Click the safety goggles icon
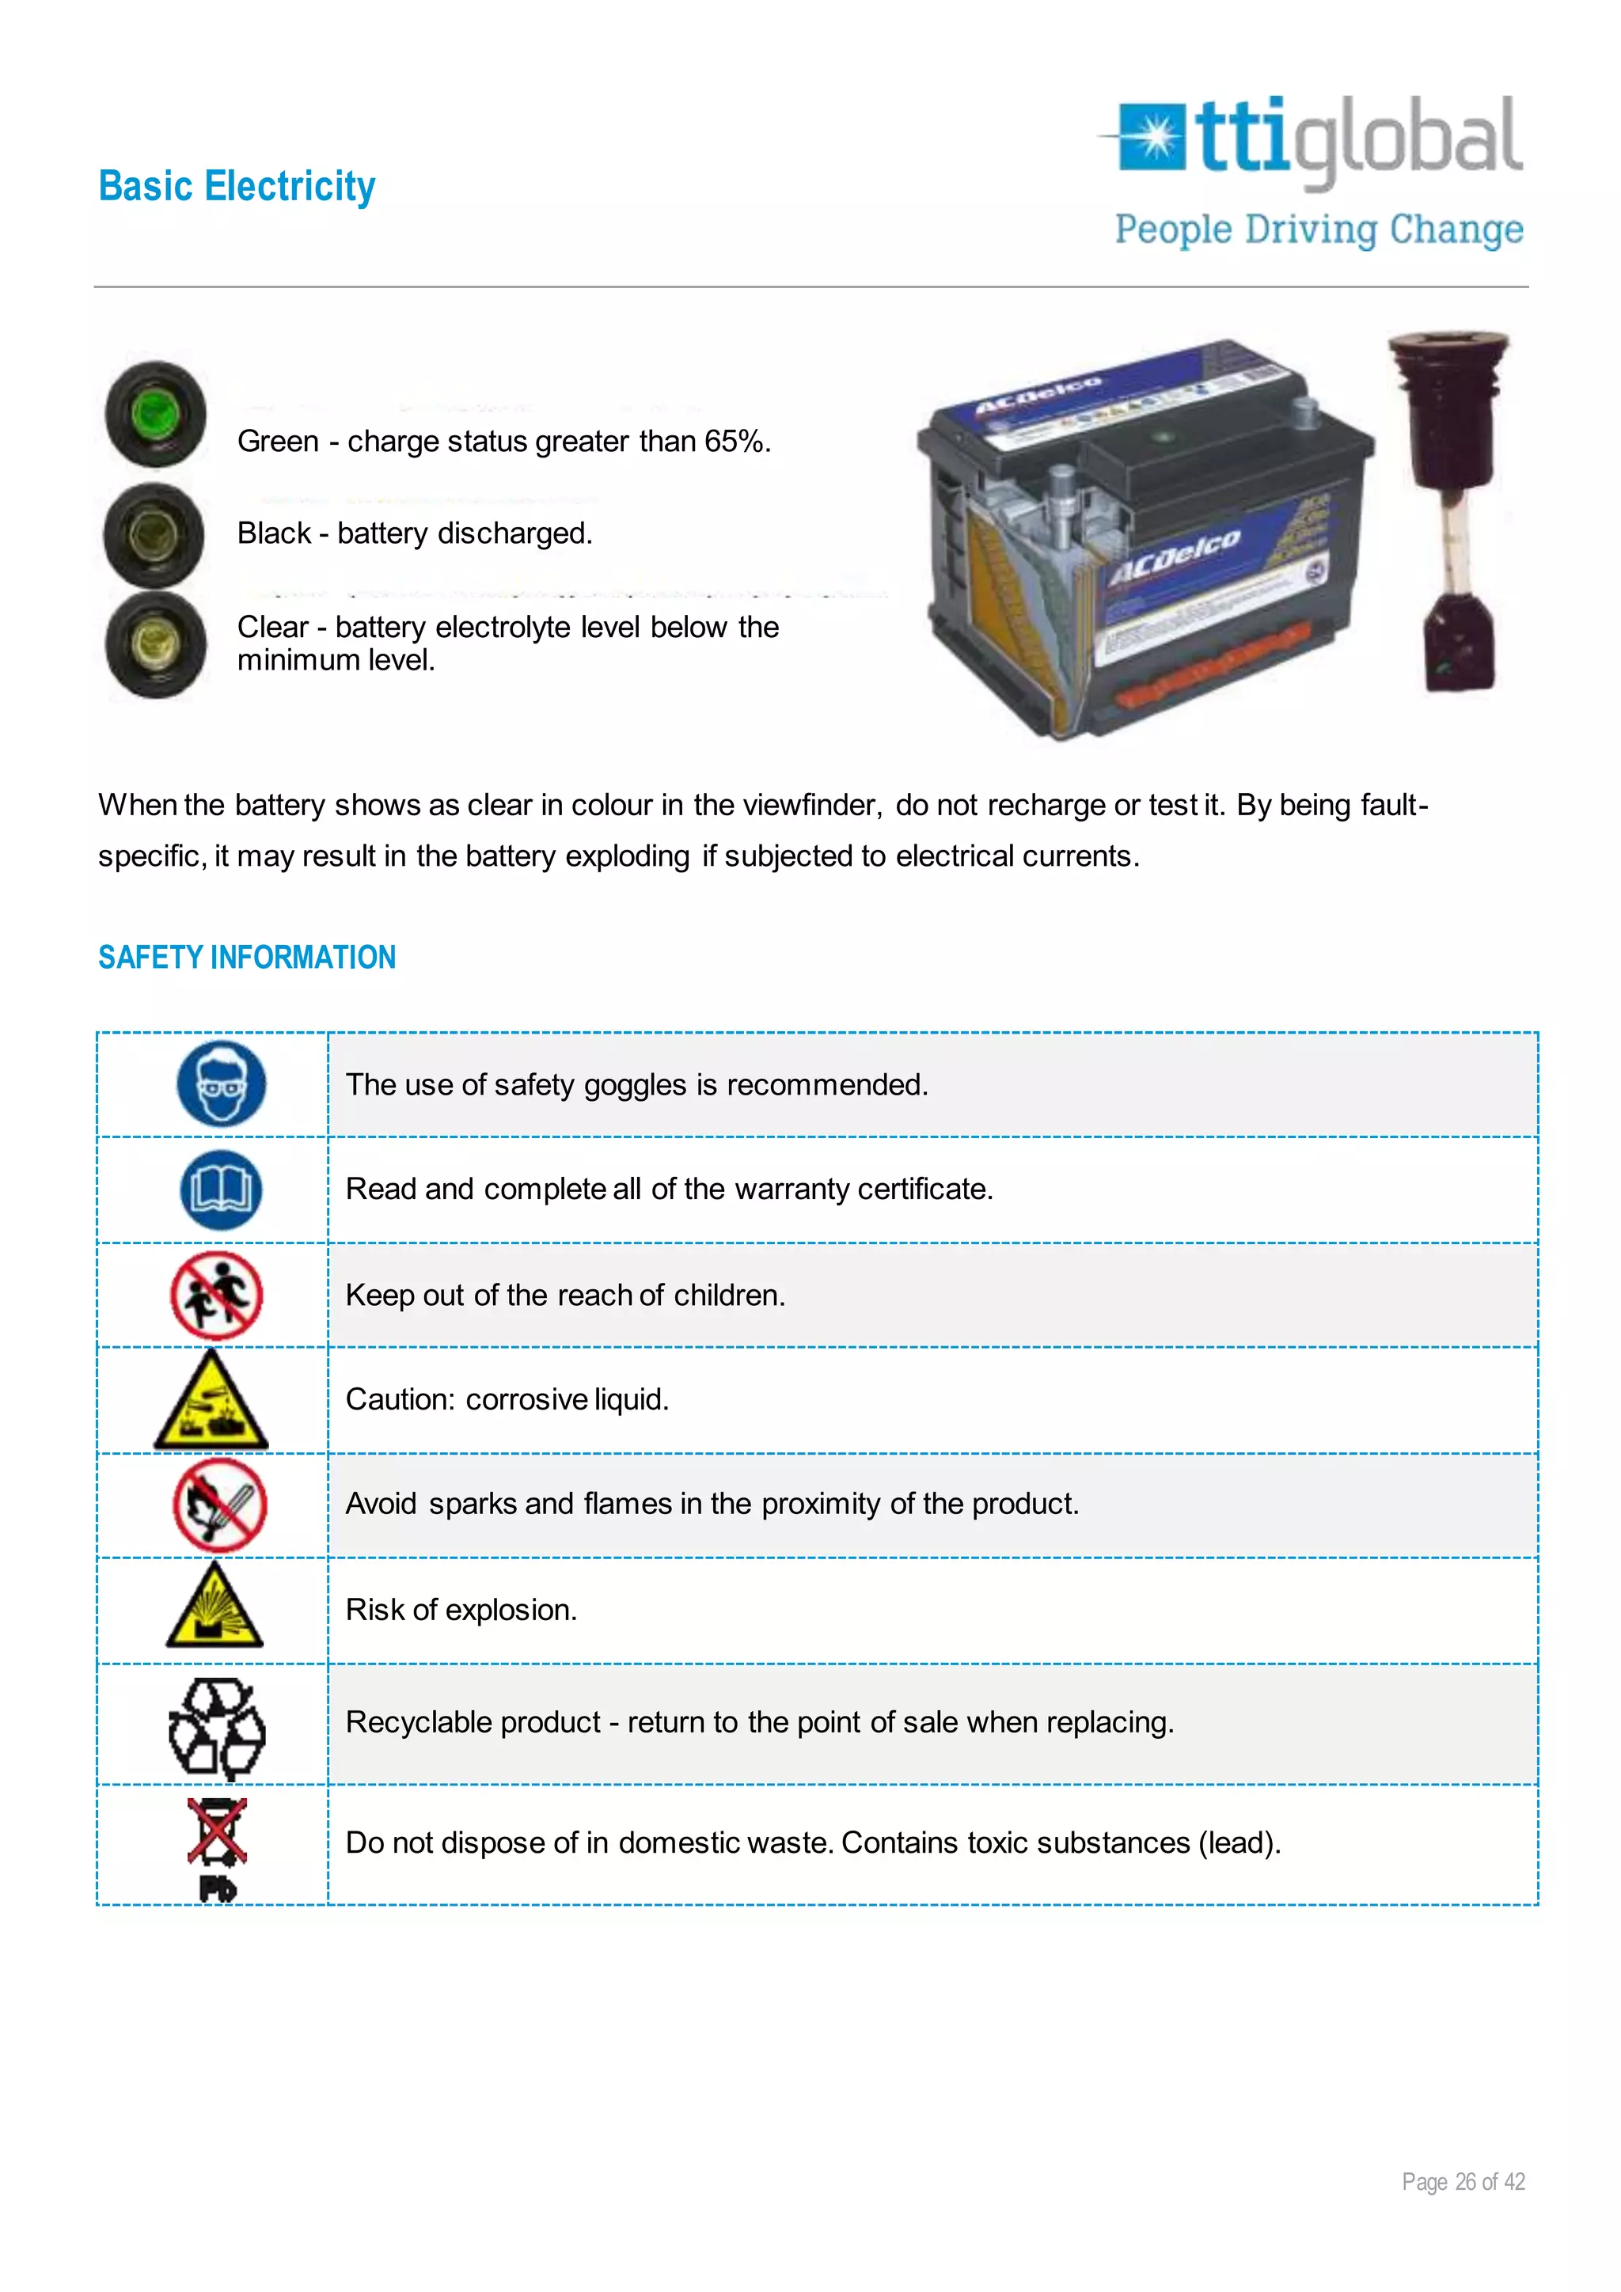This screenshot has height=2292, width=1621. click(221, 1084)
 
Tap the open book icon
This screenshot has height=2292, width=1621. click(221, 1189)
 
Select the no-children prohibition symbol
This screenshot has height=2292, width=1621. click(217, 1295)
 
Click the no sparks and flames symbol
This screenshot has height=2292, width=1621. click(219, 1505)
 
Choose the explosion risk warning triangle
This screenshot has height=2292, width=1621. click(214, 1608)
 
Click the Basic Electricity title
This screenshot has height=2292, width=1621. click(237, 187)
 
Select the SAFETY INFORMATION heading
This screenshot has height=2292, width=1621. click(246, 958)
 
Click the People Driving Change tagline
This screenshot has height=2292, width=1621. click(1319, 230)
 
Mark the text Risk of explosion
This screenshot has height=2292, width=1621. click(461, 1609)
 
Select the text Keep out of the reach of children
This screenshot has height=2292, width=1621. click(565, 1295)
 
